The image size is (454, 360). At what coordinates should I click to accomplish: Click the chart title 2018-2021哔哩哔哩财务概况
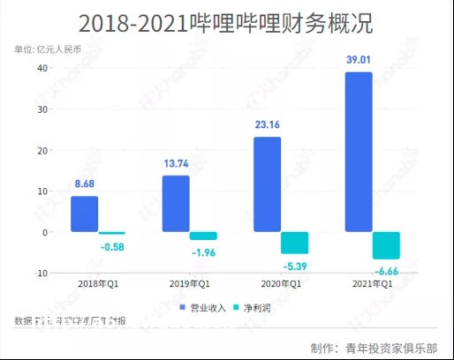pos(226,23)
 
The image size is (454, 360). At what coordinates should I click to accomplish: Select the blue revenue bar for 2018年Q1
pos(84,214)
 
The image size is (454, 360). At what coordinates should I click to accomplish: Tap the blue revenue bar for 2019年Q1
pos(176,203)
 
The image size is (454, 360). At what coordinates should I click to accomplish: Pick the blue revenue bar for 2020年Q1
pos(268,184)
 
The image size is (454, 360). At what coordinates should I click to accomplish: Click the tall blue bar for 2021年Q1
pos(359,152)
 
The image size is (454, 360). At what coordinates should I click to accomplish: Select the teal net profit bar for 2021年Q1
pos(386,245)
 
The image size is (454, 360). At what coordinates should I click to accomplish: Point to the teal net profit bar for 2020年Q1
pos(294,243)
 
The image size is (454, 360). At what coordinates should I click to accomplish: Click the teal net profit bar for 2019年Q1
pos(202,236)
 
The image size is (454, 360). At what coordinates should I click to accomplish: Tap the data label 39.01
pos(359,60)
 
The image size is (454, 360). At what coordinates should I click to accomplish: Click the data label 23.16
pos(268,125)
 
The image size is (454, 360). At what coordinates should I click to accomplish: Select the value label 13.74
pos(176,164)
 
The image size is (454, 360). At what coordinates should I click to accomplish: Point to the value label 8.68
pos(84,184)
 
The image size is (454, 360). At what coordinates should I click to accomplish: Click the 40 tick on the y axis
pos(42,69)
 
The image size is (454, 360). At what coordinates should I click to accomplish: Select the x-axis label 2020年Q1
pos(281,284)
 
